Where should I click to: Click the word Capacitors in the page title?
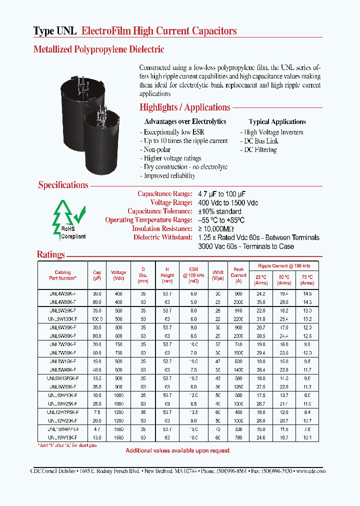point(211,31)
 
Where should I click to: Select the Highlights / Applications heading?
point(184,107)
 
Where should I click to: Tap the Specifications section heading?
point(63,185)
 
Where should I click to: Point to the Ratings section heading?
point(51,254)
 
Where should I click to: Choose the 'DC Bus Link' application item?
point(260,141)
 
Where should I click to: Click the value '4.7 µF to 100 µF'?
point(222,193)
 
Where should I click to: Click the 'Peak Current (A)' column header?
point(238,275)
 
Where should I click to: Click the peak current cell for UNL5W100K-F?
point(238,318)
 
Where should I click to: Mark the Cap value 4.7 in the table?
point(97,429)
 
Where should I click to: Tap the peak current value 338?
point(238,429)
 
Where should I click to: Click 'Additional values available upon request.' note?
point(178,450)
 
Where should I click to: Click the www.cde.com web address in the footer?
point(310,471)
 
